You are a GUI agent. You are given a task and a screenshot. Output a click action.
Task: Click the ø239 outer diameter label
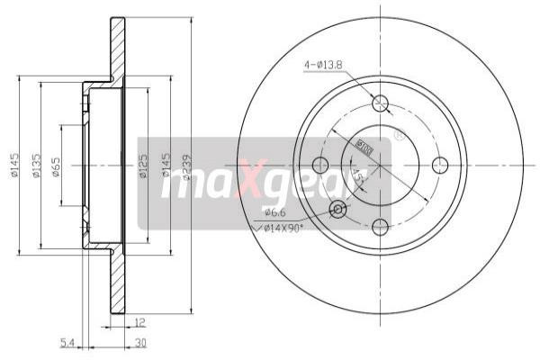186,166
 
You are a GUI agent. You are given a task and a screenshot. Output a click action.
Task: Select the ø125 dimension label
143,166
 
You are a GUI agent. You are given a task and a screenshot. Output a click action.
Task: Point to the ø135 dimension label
35,166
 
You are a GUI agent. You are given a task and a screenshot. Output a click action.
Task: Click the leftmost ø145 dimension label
14,166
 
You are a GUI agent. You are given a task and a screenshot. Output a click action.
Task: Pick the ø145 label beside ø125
165,166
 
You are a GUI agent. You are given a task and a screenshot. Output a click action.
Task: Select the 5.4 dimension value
66,343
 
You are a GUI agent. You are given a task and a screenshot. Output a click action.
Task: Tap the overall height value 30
139,343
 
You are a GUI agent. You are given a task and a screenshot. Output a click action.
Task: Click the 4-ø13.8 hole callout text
324,64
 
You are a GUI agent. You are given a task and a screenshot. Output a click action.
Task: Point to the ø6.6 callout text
275,211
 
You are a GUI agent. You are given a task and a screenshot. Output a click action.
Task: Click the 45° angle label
358,179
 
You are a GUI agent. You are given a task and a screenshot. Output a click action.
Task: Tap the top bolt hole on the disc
380,103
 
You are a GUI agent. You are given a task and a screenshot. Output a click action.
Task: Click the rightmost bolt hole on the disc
440,165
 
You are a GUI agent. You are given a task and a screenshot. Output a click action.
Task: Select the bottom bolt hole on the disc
380,226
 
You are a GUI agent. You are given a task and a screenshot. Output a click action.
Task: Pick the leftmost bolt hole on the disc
319,165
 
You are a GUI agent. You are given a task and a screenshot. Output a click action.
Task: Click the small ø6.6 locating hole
337,209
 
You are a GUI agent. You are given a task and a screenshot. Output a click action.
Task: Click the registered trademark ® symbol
398,136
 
